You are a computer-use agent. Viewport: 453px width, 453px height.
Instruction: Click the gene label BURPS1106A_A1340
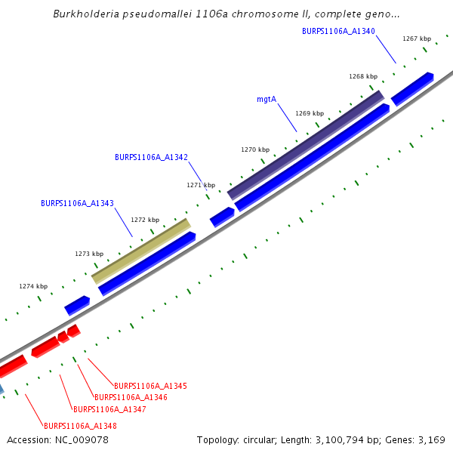pyautogui.click(x=338, y=32)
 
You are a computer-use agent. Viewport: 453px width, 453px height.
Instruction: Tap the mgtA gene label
pyautogui.click(x=267, y=99)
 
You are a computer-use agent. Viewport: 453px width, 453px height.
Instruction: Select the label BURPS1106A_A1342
pyautogui.click(x=151, y=157)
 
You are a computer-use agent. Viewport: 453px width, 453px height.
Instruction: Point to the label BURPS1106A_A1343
pyautogui.click(x=77, y=203)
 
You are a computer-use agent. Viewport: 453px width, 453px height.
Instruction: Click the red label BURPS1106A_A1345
pyautogui.click(x=150, y=386)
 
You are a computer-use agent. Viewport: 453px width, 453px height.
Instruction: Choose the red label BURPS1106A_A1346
pyautogui.click(x=131, y=397)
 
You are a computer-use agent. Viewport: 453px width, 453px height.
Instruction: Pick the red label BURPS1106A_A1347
pyautogui.click(x=109, y=409)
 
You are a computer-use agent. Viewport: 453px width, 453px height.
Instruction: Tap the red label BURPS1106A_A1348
pyautogui.click(x=80, y=426)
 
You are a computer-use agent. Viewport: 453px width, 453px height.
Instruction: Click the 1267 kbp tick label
pyautogui.click(x=417, y=39)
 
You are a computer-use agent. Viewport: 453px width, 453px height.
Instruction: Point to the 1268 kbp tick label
pyautogui.click(x=363, y=76)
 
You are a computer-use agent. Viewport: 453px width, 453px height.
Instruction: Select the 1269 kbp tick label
pyautogui.click(x=310, y=113)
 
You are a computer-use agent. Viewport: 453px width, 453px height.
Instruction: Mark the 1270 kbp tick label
pyautogui.click(x=255, y=149)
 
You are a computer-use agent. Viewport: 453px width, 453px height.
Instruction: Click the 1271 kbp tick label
pyautogui.click(x=201, y=185)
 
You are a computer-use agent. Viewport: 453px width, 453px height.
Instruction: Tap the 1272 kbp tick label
pyautogui.click(x=145, y=220)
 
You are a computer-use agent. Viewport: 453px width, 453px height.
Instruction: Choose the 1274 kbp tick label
pyautogui.click(x=33, y=286)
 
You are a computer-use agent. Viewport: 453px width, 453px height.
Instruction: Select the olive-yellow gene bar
pyautogui.click(x=141, y=251)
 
